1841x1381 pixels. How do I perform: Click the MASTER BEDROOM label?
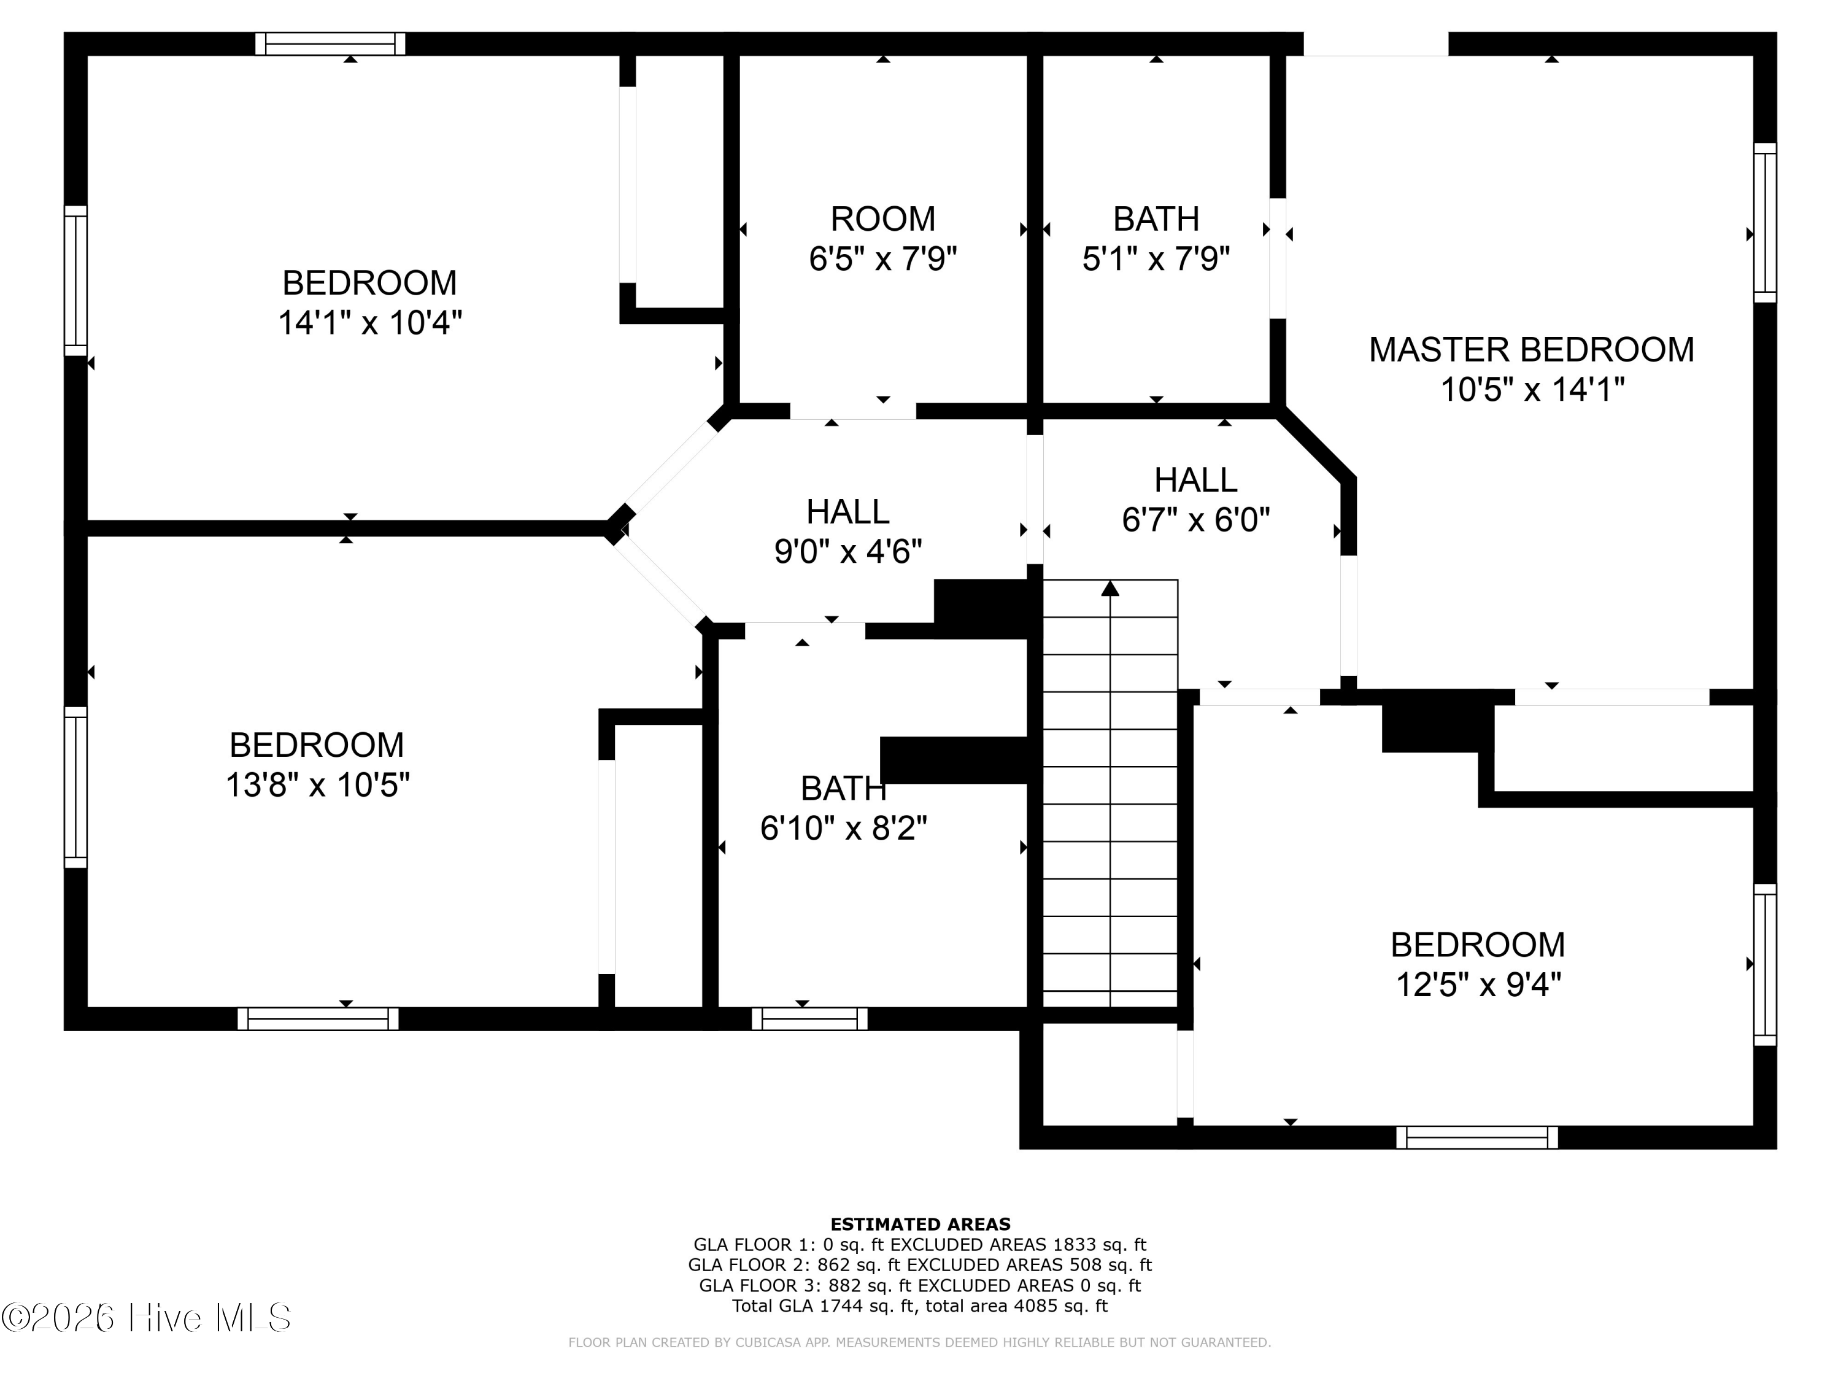tap(1531, 350)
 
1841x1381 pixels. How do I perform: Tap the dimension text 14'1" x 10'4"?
tap(369, 322)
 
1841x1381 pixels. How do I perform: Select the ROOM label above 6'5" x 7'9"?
tap(883, 219)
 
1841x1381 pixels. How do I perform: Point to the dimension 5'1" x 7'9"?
tap(1156, 259)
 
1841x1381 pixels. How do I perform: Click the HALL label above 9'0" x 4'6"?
tap(848, 511)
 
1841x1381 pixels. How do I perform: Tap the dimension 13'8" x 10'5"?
tap(318, 784)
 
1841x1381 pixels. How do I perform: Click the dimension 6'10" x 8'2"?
tap(844, 827)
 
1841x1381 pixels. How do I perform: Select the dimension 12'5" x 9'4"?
tap(1478, 984)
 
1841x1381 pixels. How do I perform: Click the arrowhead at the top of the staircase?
tap(1110, 589)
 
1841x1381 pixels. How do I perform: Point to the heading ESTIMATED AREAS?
tap(920, 1224)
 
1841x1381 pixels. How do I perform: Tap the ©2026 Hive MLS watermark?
tap(147, 1318)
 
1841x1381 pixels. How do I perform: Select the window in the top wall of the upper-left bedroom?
tap(330, 44)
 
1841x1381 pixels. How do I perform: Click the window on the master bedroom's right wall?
tap(1766, 222)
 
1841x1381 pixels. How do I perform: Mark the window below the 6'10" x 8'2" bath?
tap(810, 1019)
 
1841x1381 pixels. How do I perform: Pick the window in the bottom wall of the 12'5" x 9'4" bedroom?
tap(1477, 1137)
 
